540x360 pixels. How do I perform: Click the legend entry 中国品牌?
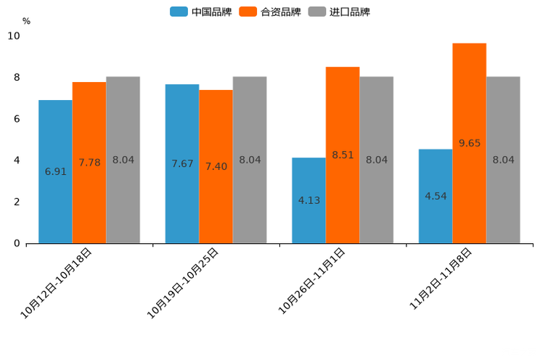(201, 12)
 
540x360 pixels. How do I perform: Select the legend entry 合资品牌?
(270, 12)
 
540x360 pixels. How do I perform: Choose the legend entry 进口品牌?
(339, 12)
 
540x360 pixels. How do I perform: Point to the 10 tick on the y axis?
(14, 36)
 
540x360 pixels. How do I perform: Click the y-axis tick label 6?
(17, 119)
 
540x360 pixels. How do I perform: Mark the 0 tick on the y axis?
(17, 243)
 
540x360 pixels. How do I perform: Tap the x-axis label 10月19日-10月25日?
(182, 283)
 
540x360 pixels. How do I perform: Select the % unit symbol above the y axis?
(26, 21)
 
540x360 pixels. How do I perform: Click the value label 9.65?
(470, 143)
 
